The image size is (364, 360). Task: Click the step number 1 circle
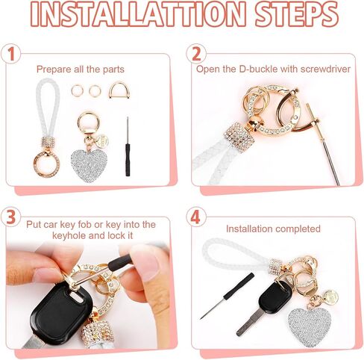tap(10, 54)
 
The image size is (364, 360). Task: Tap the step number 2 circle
tap(196, 54)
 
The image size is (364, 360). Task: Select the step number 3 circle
tap(10, 217)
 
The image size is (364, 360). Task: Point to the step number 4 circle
tap(196, 217)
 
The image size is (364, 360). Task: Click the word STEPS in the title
tap(296, 14)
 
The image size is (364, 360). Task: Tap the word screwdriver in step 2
tap(325, 69)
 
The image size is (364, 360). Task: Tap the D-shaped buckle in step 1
tap(119, 90)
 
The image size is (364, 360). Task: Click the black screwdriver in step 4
tap(228, 296)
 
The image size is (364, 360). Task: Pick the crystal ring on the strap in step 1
tap(47, 164)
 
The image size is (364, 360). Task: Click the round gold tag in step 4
tap(331, 297)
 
